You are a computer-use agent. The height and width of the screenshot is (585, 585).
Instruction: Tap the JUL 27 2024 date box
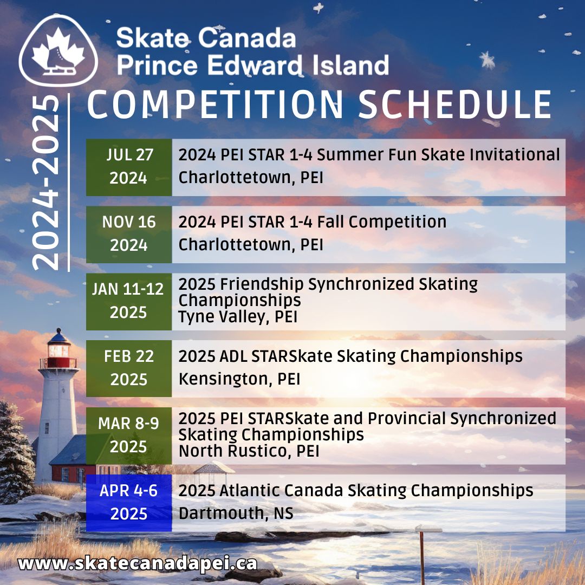tap(128, 167)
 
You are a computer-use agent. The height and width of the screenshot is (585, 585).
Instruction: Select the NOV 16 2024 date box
tap(128, 234)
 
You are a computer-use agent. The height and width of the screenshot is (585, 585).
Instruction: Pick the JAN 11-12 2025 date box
tap(128, 301)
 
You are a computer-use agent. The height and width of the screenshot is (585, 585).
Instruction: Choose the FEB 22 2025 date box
tap(128, 368)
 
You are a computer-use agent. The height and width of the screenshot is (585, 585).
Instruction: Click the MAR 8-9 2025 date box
tap(128, 435)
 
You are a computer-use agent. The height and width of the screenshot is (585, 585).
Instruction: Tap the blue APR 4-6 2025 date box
tap(128, 503)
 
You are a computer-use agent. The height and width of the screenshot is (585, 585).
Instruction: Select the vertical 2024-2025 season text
tap(45, 184)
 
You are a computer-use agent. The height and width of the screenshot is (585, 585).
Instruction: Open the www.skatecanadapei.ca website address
tap(138, 563)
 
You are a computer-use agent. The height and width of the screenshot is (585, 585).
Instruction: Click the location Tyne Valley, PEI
tap(238, 316)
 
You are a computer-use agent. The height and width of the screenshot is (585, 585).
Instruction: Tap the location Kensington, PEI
tap(239, 379)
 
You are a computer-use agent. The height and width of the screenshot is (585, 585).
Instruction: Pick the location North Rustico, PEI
tap(249, 451)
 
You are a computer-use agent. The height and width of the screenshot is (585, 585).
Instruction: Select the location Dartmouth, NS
tap(236, 513)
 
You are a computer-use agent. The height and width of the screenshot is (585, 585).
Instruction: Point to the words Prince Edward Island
tap(252, 65)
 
